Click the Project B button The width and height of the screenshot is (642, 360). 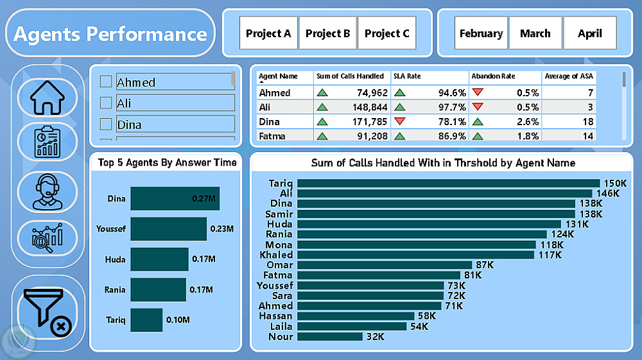pos(327,33)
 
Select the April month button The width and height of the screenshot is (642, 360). pos(589,33)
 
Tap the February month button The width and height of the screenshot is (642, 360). pos(481,33)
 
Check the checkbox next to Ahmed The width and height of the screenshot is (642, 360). pos(106,82)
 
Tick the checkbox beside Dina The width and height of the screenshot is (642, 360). pos(106,124)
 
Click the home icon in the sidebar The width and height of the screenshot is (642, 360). pos(48,98)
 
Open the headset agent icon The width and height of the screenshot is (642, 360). pos(48,191)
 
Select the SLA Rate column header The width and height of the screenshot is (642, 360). pos(407,76)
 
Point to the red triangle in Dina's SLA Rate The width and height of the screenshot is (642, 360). pos(400,121)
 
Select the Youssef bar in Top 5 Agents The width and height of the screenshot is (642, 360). pos(168,228)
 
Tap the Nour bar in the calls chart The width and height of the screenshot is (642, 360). pos(329,336)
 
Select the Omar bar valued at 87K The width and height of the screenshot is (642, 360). pos(384,265)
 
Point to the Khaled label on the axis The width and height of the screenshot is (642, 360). pos(276,255)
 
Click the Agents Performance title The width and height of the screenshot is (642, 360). pos(110,33)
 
